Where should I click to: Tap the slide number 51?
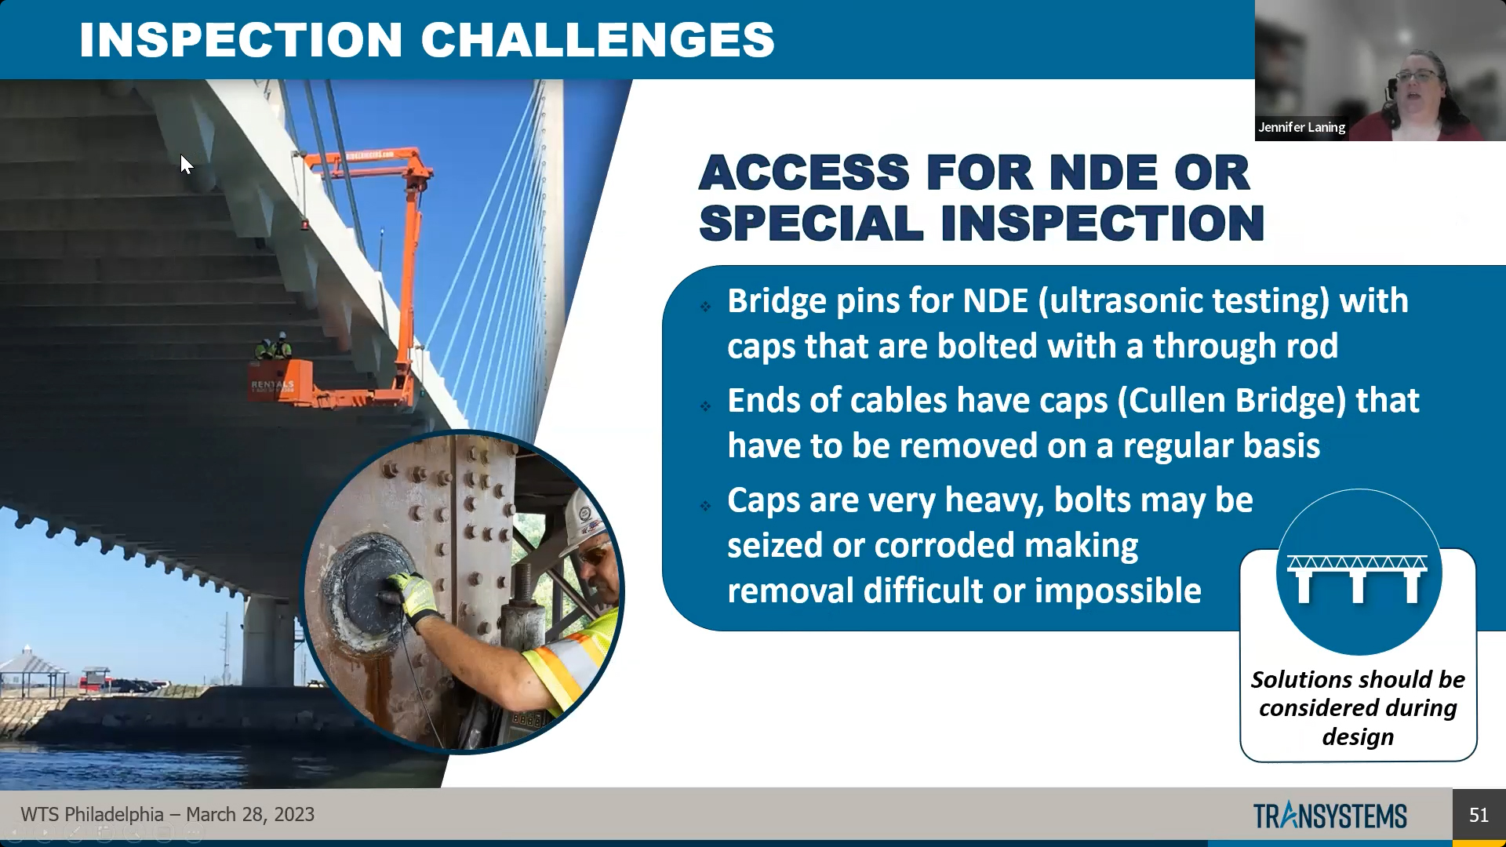tap(1479, 815)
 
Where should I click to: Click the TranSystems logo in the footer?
tap(1330, 816)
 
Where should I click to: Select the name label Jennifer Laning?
tap(1301, 127)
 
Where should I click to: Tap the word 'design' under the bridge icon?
tap(1358, 737)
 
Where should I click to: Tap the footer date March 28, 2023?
tap(250, 815)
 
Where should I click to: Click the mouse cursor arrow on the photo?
tap(186, 165)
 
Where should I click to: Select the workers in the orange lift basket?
tap(273, 346)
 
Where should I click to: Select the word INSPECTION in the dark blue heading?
tap(1102, 224)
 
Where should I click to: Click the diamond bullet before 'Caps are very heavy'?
tap(705, 506)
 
